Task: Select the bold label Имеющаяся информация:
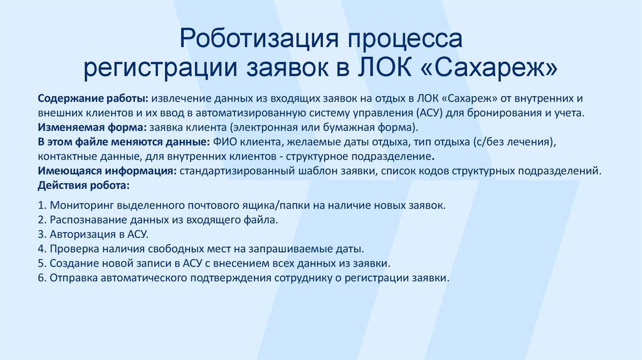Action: (107, 171)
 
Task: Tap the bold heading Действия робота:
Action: (84, 185)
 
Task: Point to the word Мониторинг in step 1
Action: (82, 205)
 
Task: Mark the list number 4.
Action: (40, 248)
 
